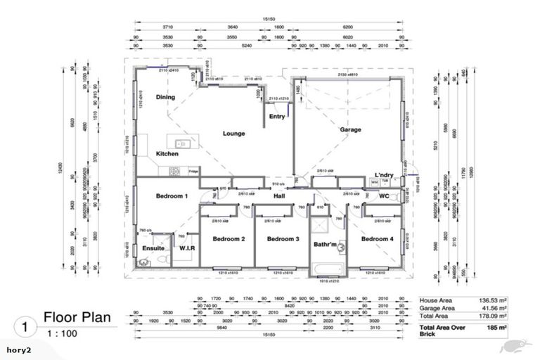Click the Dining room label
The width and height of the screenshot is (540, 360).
tap(166, 98)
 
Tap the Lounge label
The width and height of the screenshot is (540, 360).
tap(233, 134)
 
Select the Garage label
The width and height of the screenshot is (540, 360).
tap(350, 130)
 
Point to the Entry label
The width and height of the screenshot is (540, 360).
tap(277, 117)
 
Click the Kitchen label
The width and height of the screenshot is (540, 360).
tap(167, 153)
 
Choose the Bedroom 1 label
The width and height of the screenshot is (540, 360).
tap(172, 195)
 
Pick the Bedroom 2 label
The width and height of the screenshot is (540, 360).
tap(229, 240)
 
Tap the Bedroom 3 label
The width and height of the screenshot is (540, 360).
tap(283, 240)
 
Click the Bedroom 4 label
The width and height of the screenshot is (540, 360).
tap(378, 240)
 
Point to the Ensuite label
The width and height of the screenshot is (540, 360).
tap(153, 248)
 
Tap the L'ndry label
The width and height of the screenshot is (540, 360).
tap(384, 174)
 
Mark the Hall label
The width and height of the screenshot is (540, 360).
tap(278, 196)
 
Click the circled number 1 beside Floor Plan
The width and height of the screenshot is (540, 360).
tap(25, 327)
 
